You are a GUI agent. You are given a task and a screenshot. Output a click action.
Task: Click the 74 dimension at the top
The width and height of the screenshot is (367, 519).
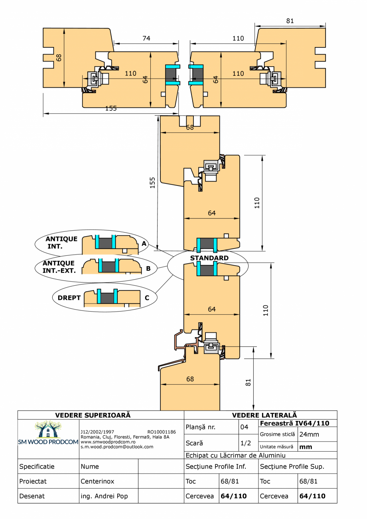146,38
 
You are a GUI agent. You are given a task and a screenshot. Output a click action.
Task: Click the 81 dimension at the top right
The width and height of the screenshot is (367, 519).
290,21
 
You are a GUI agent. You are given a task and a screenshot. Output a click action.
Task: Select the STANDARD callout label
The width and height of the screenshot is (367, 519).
209,258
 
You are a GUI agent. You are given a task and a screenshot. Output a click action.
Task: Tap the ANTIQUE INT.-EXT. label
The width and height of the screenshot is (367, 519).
59,267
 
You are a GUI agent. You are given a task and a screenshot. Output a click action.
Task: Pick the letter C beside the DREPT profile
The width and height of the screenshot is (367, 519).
147,298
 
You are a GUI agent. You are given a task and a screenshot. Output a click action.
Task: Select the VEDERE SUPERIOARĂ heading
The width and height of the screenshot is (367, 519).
93,415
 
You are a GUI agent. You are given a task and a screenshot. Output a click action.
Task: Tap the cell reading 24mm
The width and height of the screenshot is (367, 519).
309,434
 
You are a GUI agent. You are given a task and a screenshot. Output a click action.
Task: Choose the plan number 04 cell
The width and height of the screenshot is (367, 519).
244,427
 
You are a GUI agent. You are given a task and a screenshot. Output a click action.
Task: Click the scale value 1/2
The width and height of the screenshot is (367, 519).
245,443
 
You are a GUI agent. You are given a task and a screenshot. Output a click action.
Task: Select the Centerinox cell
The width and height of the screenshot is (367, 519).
97,481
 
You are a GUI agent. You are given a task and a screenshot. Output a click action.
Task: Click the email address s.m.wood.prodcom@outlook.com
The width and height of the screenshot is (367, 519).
117,447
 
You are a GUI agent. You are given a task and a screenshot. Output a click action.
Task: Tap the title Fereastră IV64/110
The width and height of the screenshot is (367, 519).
294,423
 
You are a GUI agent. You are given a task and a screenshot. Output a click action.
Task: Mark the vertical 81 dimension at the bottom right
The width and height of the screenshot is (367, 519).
248,382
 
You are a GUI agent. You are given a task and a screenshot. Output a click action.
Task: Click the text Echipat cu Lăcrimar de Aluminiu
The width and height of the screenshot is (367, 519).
235,455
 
